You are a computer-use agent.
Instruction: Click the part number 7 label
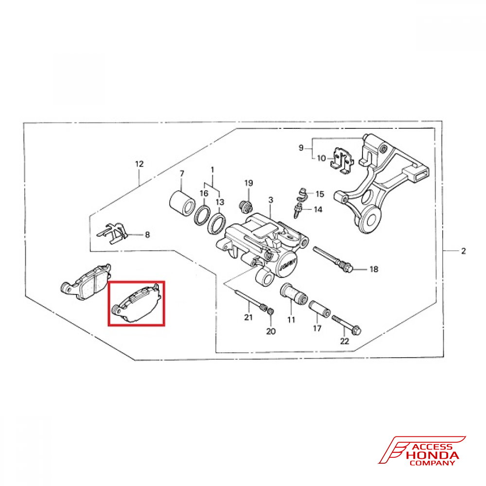point(182,174)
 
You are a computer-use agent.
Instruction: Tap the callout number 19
point(249,183)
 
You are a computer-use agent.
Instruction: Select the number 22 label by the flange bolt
point(345,342)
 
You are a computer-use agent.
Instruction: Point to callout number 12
point(139,164)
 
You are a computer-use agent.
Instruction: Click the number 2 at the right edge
point(463,251)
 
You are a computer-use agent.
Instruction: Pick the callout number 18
point(374,269)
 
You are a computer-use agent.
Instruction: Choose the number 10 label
point(322,158)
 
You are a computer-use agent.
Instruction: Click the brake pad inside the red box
point(137,303)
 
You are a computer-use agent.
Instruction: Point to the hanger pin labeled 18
point(333,258)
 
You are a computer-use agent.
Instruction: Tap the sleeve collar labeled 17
point(320,309)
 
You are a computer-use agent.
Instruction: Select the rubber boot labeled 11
point(292,295)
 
